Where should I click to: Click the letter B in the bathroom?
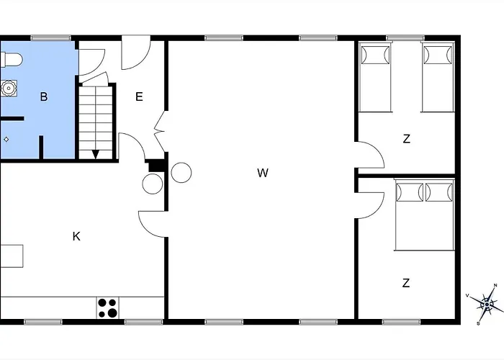[44, 96]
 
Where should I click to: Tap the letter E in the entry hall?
[139, 96]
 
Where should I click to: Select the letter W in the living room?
[263, 173]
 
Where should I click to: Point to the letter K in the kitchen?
[76, 236]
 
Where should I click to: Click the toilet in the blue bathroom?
[12, 60]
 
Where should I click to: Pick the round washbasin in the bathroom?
[9, 89]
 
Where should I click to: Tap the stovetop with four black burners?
[108, 308]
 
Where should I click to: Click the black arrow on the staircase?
[96, 154]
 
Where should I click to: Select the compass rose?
[487, 304]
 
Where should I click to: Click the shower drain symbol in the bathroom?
[6, 139]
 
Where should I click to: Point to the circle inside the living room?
[181, 173]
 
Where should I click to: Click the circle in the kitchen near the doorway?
[153, 184]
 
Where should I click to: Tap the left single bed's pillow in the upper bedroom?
[375, 55]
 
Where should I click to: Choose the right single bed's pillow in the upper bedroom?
[438, 55]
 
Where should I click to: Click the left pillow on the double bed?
[410, 192]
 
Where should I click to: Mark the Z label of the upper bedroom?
[407, 139]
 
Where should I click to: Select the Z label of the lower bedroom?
[406, 283]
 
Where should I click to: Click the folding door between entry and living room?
[160, 131]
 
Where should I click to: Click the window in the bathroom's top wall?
[51, 38]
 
